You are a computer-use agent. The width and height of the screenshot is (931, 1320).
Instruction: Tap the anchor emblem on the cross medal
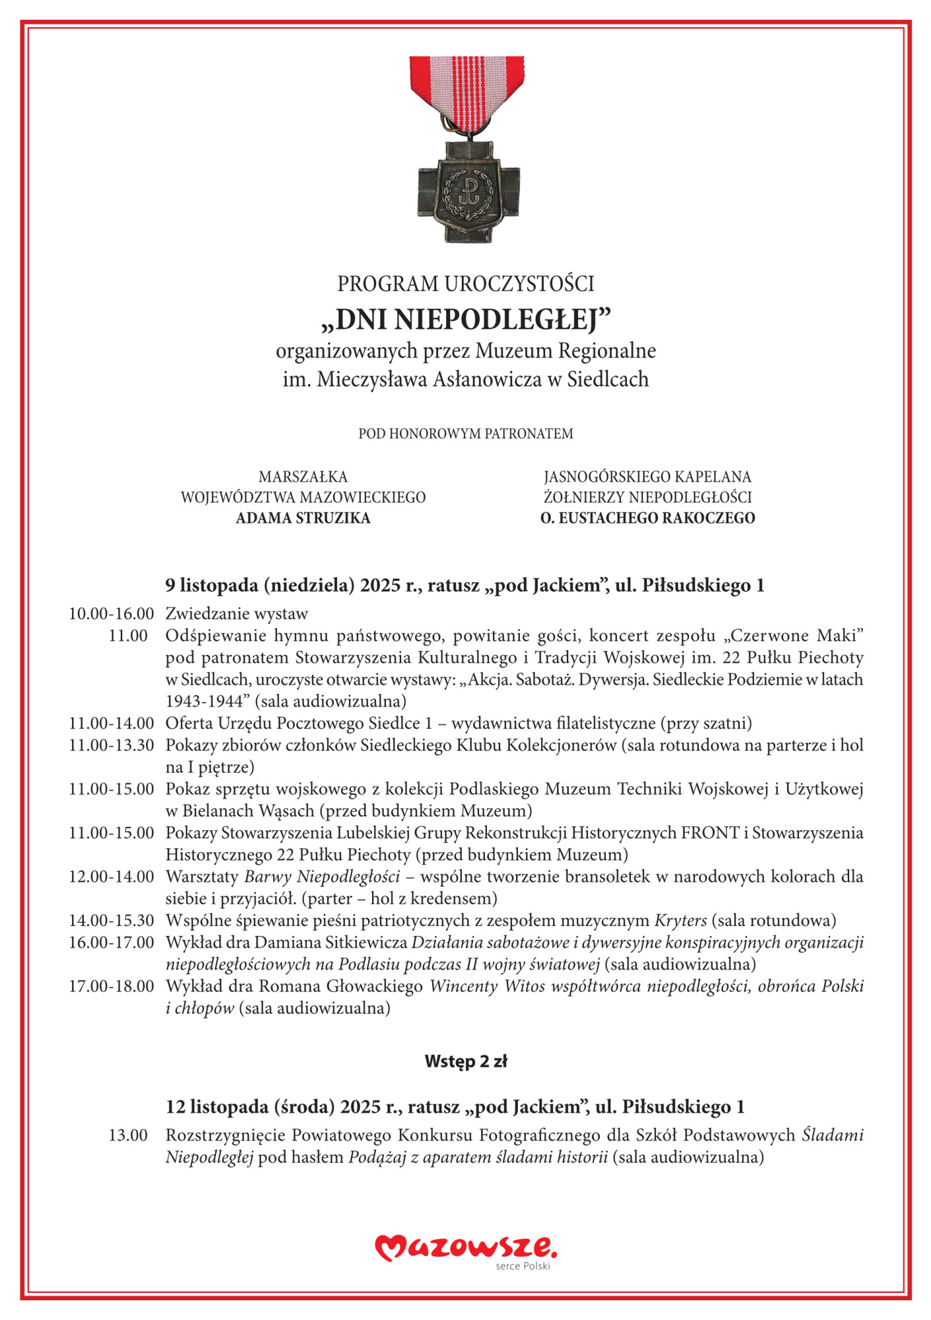click(468, 191)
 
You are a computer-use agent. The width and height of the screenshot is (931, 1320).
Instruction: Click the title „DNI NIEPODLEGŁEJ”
click(466, 319)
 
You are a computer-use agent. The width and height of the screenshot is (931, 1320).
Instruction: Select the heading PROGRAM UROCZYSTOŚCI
click(466, 284)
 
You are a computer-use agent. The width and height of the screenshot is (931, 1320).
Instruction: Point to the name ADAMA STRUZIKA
click(303, 518)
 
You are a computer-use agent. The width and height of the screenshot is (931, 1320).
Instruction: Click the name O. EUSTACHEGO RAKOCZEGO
click(647, 518)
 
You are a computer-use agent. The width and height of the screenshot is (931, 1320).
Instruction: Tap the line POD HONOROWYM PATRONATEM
click(466, 434)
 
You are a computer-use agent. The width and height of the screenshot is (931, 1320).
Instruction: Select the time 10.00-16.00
click(112, 614)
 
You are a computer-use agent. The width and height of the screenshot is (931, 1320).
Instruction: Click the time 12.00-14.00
click(112, 876)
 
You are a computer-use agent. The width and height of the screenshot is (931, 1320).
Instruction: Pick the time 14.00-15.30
click(112, 920)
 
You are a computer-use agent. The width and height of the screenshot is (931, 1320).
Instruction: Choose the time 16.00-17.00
click(112, 942)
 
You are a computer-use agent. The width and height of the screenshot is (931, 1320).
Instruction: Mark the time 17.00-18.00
click(112, 986)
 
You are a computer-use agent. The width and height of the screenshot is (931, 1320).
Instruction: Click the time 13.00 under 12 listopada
click(128, 1135)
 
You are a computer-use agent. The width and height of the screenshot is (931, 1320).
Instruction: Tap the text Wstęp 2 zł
click(466, 1061)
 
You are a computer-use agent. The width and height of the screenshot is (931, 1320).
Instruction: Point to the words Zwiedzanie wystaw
click(236, 614)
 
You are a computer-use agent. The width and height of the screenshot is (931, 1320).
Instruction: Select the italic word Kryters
click(680, 920)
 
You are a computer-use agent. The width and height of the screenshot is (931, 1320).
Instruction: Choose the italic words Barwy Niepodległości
click(322, 876)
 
